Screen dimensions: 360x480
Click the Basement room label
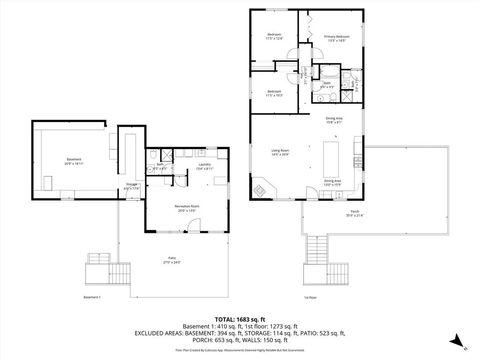(74, 160)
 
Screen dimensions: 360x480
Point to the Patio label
(171, 259)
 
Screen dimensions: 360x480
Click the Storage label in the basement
(131, 183)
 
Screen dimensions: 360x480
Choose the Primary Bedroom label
(336, 37)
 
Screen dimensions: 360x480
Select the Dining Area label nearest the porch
(333, 182)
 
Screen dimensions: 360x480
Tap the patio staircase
(99, 265)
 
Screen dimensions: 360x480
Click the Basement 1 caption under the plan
(93, 296)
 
